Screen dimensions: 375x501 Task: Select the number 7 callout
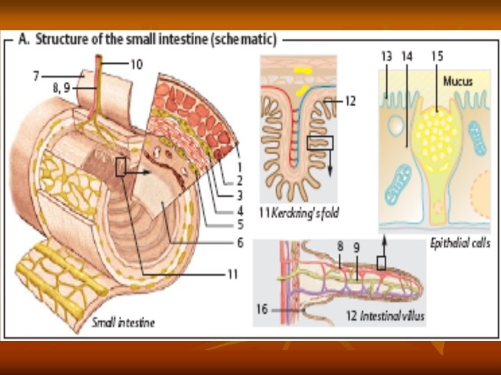(x=35, y=75)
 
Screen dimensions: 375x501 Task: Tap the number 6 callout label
(x=240, y=242)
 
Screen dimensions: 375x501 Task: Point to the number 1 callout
(x=240, y=167)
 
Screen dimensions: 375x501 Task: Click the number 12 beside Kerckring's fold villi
(x=350, y=101)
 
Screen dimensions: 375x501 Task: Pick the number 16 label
(x=262, y=310)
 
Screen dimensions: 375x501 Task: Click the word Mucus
(x=458, y=81)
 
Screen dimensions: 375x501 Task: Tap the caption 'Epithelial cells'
(x=460, y=243)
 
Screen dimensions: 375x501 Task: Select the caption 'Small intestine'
(x=123, y=322)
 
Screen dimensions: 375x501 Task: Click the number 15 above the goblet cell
(x=437, y=56)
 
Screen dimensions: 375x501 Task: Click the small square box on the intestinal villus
(x=381, y=262)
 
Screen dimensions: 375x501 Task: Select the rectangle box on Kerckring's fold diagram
(x=320, y=142)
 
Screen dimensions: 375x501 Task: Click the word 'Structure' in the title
(x=61, y=37)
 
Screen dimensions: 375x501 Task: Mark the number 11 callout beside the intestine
(x=233, y=274)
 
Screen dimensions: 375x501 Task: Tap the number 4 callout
(x=240, y=209)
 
